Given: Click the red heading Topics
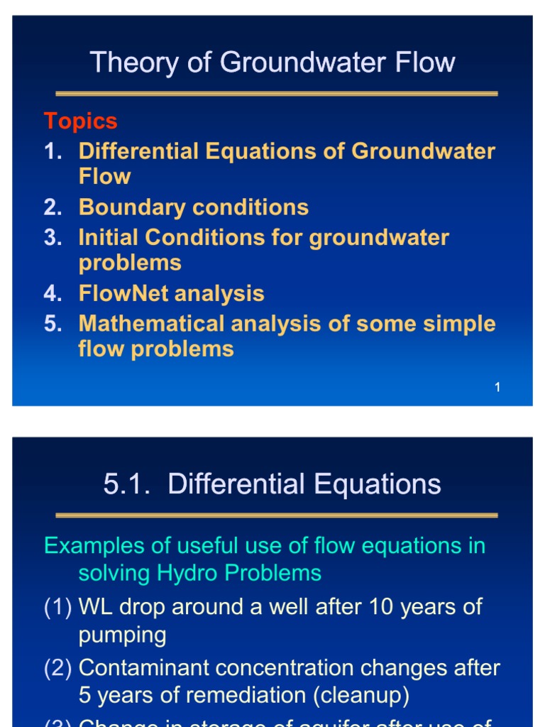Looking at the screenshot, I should click(80, 121).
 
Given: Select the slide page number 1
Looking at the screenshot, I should click(497, 388).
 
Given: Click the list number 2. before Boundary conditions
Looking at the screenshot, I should click(53, 207).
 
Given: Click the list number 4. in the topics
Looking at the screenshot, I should click(53, 293).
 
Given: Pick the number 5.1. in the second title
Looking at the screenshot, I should click(130, 485).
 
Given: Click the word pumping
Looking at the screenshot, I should click(122, 635).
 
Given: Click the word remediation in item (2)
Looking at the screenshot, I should click(231, 695).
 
